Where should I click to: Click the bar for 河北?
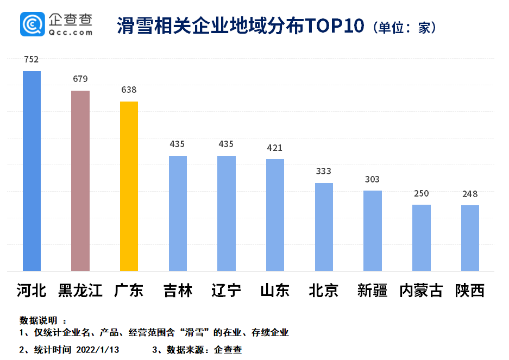[32, 171]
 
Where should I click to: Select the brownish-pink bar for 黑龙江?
[80, 181]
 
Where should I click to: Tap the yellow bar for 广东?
[129, 186]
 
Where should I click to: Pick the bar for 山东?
[275, 215]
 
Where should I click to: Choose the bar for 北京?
[324, 227]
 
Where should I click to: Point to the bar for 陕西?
[470, 238]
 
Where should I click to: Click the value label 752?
[32, 60]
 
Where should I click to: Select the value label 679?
[80, 79]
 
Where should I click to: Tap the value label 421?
[275, 148]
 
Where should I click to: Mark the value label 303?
[372, 179]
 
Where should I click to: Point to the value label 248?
[470, 194]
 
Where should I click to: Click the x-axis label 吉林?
[178, 290]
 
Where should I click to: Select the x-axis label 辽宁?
[226, 290]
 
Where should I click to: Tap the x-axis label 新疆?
[372, 290]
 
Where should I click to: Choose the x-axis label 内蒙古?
[421, 290]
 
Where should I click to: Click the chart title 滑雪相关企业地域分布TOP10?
[240, 26]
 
